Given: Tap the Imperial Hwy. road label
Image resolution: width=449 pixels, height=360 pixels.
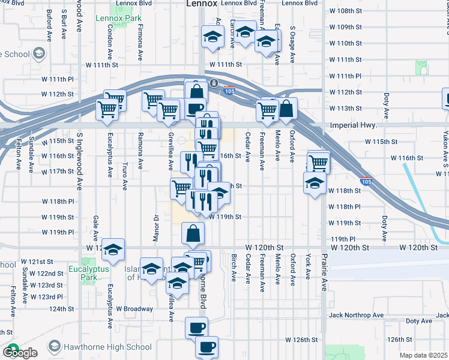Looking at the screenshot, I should point(353,126).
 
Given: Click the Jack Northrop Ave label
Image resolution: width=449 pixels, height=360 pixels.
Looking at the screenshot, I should point(355,315).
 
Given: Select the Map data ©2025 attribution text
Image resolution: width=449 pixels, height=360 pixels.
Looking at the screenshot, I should point(424,355).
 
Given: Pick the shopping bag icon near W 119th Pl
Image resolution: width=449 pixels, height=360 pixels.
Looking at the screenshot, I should point(192,234).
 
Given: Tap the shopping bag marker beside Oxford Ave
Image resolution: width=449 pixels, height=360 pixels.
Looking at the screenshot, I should point(286,109).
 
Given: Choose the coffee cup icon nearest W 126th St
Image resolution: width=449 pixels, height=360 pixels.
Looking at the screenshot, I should point(208,347).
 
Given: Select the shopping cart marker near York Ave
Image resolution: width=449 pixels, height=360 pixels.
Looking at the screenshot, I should point(318,161).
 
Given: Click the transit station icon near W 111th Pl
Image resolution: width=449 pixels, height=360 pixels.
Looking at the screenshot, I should point(214,83).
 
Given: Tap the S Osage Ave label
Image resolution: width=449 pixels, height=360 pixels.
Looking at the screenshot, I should point(292,45).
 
